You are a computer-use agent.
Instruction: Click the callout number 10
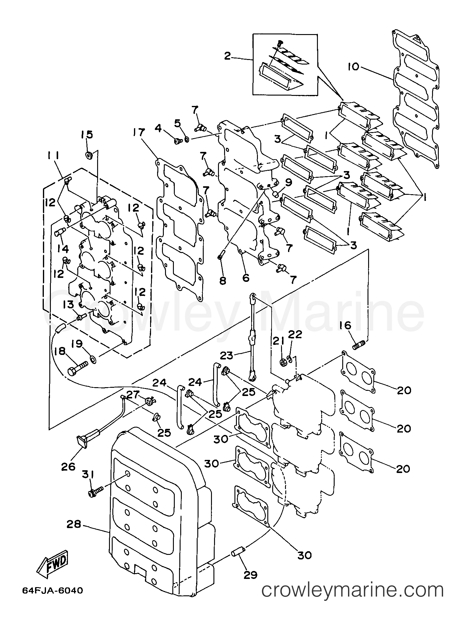tap(354, 67)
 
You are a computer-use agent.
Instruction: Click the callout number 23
tap(227, 355)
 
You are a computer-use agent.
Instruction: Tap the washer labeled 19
tap(93, 359)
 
